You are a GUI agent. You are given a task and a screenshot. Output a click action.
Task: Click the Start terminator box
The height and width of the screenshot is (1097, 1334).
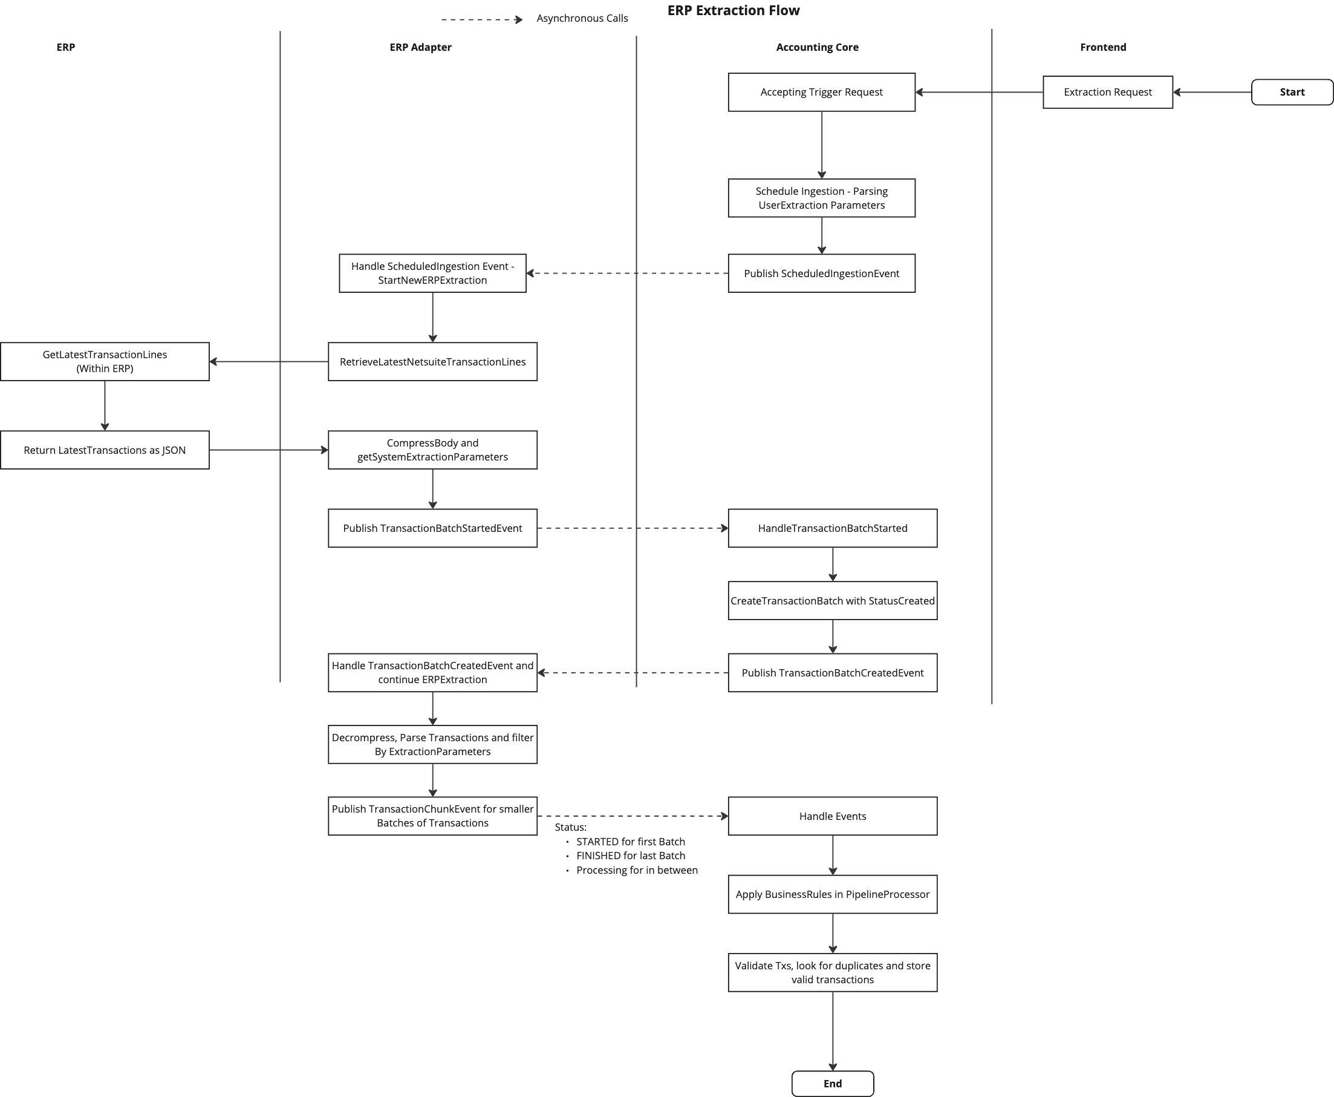[1292, 92]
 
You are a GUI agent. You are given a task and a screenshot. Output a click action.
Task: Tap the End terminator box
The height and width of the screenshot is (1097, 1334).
[833, 1083]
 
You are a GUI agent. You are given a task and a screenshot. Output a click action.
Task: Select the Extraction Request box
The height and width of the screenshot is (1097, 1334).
[1107, 92]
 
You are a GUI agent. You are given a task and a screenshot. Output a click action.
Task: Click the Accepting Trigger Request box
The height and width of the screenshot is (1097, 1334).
[821, 92]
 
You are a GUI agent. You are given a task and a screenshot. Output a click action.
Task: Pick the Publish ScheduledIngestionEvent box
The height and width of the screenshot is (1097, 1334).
[821, 273]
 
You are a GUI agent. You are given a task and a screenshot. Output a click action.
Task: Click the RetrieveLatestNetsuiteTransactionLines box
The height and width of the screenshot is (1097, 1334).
[432, 361]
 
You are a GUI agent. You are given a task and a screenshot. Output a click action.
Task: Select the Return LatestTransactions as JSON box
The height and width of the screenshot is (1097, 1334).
[104, 450]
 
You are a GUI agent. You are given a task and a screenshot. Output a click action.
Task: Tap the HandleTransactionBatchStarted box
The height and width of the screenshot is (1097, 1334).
[832, 528]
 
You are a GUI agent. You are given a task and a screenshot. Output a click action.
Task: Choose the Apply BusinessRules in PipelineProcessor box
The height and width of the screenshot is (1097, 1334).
[832, 894]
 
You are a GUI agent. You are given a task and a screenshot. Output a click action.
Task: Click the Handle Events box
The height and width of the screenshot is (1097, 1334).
[832, 816]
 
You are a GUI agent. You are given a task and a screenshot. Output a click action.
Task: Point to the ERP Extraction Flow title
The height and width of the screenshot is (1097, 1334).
[734, 11]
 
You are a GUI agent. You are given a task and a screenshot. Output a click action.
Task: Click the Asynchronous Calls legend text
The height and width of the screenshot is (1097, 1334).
[582, 18]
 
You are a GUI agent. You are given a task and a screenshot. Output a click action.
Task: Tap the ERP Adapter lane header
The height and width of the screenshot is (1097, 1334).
[420, 47]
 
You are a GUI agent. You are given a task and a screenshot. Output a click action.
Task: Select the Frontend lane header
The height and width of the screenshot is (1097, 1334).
[1103, 47]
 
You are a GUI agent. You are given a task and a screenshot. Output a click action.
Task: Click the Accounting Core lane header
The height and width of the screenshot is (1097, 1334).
[817, 47]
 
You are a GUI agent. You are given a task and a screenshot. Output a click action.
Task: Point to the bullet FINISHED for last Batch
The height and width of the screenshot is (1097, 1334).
[630, 856]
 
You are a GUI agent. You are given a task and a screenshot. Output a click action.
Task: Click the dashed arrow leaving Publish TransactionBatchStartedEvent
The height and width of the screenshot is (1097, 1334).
[632, 528]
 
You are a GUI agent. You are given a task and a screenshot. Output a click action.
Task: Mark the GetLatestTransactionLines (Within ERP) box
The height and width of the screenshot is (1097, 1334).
[104, 361]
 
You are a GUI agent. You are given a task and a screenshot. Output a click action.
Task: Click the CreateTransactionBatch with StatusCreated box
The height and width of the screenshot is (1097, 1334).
[832, 601]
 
